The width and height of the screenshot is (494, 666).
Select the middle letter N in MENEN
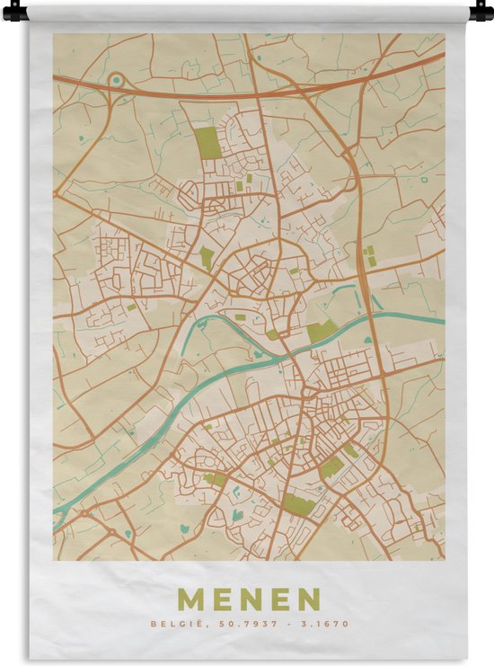click(250, 599)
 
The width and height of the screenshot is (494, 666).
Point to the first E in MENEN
click(220, 599)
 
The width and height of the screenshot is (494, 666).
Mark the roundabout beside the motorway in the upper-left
click(115, 81)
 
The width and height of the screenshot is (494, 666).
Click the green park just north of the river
click(322, 331)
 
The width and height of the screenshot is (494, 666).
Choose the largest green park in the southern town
click(300, 505)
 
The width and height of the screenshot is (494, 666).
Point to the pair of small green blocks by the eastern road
click(370, 255)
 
